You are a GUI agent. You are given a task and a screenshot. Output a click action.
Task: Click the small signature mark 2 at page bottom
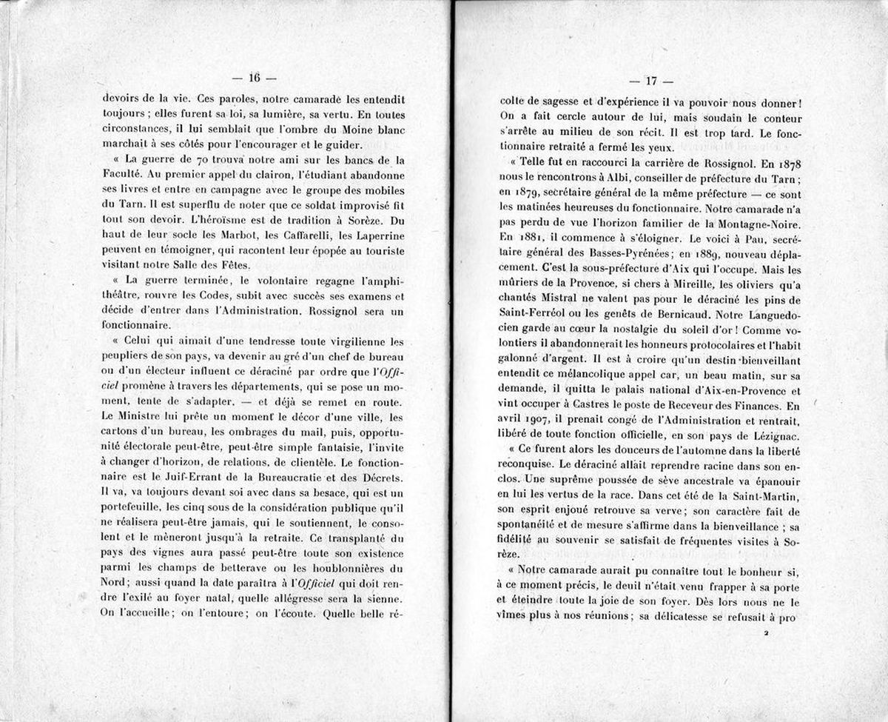click(x=767, y=635)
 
